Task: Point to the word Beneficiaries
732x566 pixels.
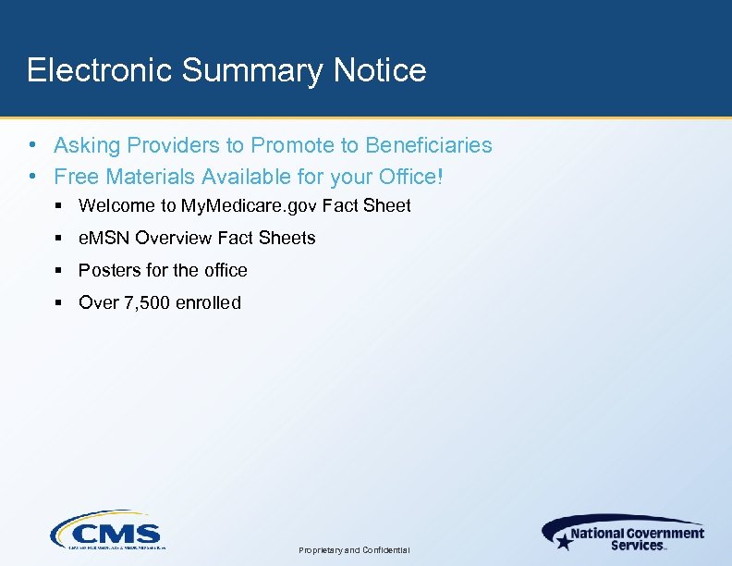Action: pyautogui.click(x=429, y=145)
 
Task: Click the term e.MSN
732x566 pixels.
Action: pyautogui.click(x=104, y=238)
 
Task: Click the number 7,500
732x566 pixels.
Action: pyautogui.click(x=143, y=302)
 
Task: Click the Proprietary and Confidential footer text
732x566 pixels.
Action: pyautogui.click(x=355, y=550)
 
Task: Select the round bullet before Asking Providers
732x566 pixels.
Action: pyautogui.click(x=32, y=145)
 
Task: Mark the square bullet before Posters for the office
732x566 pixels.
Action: pyautogui.click(x=58, y=270)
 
